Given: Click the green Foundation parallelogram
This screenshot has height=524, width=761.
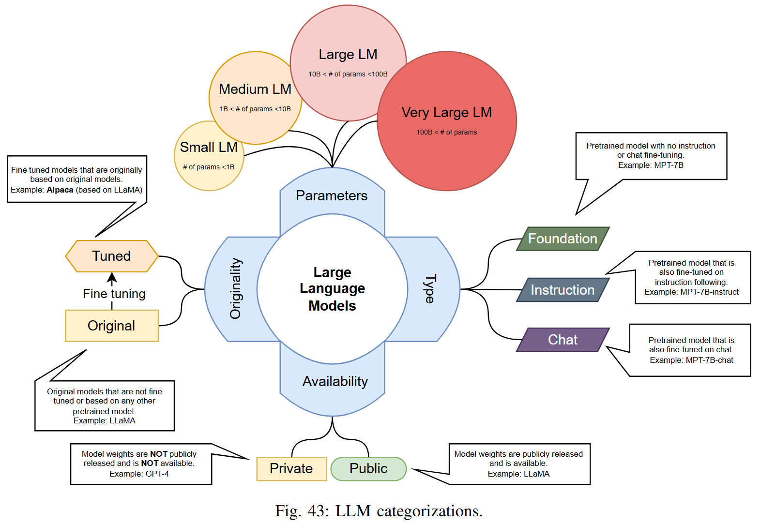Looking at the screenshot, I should click(x=563, y=239).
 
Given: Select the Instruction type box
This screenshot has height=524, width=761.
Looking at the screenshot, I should click(x=563, y=290).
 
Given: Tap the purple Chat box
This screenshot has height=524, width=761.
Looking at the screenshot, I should click(x=563, y=340).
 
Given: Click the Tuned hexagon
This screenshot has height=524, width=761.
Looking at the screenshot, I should click(x=111, y=256).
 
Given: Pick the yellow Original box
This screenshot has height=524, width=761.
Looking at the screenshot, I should click(x=111, y=326).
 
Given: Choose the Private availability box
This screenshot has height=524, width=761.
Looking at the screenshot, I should click(x=291, y=468).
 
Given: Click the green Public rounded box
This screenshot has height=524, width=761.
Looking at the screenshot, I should click(x=368, y=468).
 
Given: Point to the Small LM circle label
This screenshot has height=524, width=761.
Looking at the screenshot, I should click(x=209, y=147).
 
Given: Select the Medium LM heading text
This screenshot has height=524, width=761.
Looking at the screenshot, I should click(x=255, y=89).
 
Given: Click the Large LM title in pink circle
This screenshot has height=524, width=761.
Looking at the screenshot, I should click(x=348, y=54).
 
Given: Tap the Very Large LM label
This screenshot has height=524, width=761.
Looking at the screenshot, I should click(x=446, y=112).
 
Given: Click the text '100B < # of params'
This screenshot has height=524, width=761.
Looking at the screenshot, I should click(x=446, y=132).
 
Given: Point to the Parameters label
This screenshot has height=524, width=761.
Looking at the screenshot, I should click(x=332, y=195).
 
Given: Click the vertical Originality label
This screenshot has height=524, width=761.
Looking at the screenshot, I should click(x=235, y=288).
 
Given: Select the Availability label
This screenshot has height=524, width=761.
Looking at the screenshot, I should click(x=335, y=381).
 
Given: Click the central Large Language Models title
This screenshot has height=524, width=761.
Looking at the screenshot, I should click(x=332, y=289).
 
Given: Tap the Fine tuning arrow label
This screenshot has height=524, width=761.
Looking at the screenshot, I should click(x=114, y=294).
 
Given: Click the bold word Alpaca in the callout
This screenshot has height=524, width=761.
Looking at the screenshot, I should click(x=60, y=190).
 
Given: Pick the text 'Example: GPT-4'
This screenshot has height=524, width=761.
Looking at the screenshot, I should click(x=139, y=474).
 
